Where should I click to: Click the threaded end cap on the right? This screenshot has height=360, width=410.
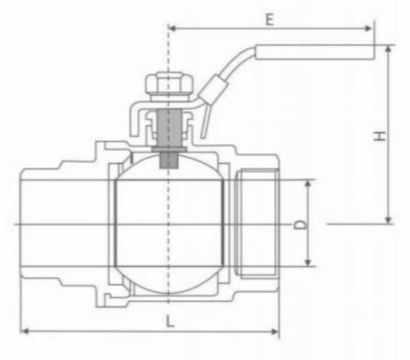click(x=257, y=223)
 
